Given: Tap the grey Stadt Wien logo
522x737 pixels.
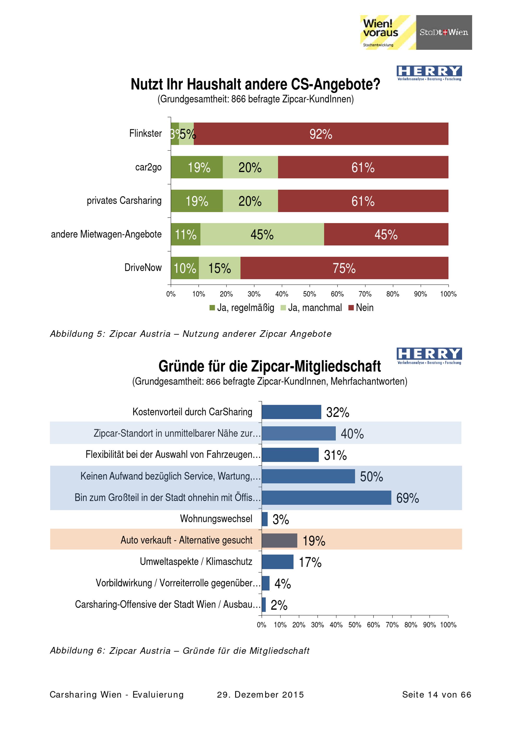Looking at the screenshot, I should click(444, 32).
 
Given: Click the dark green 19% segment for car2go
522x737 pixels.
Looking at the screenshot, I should click(197, 167).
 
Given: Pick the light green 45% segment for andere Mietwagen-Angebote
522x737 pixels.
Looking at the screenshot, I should click(262, 234).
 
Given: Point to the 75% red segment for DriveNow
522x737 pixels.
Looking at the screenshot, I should click(344, 268).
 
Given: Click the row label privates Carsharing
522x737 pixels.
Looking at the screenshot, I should click(124, 201).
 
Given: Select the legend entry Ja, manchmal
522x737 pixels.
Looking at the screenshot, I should click(311, 308).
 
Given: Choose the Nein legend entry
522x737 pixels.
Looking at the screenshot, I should click(361, 308).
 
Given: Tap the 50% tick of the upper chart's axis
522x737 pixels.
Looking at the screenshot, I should click(310, 294).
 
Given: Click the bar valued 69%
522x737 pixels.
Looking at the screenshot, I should click(326, 498).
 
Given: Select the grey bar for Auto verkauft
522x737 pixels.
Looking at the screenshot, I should click(279, 541).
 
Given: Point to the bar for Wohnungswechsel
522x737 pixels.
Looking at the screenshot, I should click(265, 519).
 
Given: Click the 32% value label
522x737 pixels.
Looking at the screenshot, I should click(337, 413).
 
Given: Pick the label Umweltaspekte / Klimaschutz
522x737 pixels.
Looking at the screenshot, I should click(196, 562).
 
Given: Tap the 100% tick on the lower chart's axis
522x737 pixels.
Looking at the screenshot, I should click(448, 625).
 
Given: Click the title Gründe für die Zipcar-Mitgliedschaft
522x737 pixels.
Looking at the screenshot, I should click(269, 366).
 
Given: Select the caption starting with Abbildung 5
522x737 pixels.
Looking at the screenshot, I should click(191, 334).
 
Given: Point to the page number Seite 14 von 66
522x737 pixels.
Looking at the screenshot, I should click(436, 695).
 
